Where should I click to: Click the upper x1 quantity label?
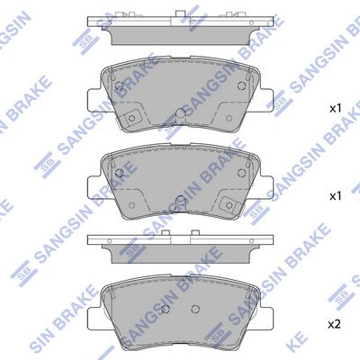[336, 109]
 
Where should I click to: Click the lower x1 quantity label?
[336, 196]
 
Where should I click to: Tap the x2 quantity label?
[335, 324]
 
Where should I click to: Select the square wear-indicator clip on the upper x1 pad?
[130, 118]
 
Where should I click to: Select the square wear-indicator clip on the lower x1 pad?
[229, 205]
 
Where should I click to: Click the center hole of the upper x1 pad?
[180, 113]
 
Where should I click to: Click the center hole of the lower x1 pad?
[180, 200]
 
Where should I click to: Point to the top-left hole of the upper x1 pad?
[119, 85]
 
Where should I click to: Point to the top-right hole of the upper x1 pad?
[241, 85]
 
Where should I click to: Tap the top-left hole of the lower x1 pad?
[119, 173]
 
